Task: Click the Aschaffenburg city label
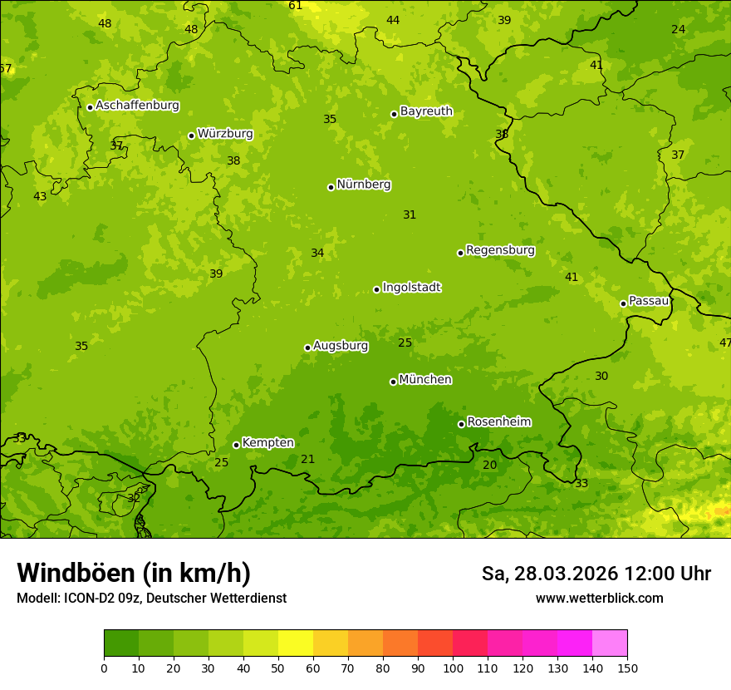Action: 137,106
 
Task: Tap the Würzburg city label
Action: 224,134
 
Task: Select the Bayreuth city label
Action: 426,111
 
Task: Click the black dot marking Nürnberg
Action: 331,187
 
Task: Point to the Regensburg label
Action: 500,250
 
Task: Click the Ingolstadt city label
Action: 411,288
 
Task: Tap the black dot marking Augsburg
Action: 307,347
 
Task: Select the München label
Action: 425,380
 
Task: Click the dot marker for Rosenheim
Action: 461,424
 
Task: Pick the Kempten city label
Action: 267,443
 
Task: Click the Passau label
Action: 649,301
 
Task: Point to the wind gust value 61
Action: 296,6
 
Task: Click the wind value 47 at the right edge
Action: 725,343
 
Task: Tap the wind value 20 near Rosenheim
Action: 489,466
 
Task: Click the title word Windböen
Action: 76,574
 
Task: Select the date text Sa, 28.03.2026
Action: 550,574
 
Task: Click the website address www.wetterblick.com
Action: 599,599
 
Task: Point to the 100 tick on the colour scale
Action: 453,668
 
